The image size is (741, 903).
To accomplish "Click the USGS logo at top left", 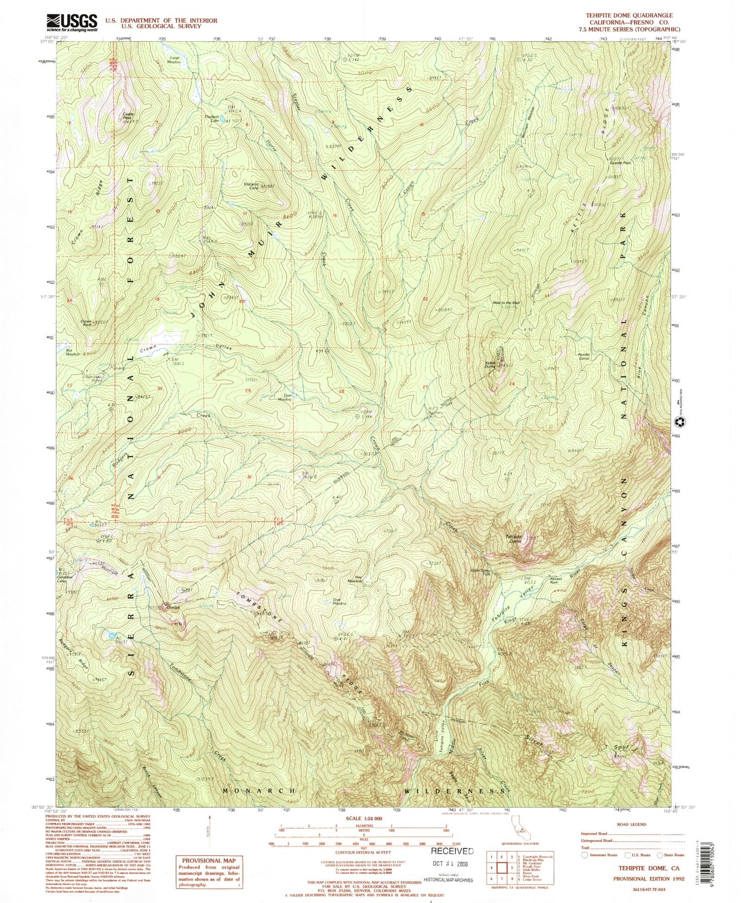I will (71, 22).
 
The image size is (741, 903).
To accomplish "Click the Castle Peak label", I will (127, 115).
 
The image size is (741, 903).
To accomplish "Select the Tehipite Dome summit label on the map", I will (514, 537).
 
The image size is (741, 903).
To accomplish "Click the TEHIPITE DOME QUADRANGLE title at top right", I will (629, 16).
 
